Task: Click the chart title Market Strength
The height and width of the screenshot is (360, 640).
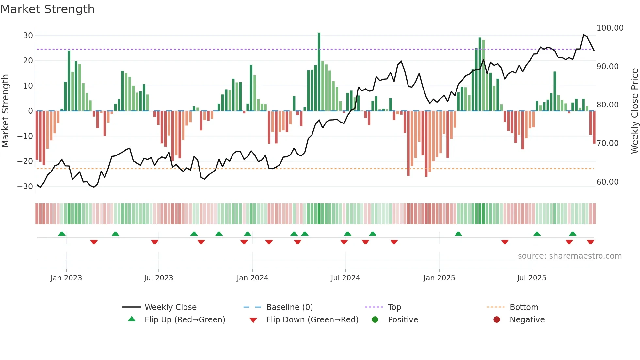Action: (x=47, y=9)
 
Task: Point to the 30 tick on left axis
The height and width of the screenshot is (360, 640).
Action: (x=28, y=36)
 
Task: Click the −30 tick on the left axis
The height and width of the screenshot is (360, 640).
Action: (x=25, y=187)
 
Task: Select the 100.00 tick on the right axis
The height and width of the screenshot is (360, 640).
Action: (x=610, y=28)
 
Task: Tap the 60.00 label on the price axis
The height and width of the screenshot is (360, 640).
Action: (x=607, y=182)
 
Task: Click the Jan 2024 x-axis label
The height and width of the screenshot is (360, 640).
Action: (x=252, y=278)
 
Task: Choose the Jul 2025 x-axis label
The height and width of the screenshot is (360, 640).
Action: (x=531, y=278)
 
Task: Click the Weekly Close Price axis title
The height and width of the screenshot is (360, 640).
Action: (x=634, y=111)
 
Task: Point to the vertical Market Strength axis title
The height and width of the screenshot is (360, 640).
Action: (x=5, y=111)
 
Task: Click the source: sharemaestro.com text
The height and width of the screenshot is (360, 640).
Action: (x=569, y=256)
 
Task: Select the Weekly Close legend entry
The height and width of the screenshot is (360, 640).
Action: (x=170, y=307)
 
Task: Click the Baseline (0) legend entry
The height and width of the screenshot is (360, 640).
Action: (x=289, y=307)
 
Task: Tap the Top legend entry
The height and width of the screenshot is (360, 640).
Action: (x=394, y=307)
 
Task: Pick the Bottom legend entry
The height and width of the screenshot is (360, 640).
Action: (x=524, y=307)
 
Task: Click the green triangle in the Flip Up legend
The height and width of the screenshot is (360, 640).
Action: (x=132, y=319)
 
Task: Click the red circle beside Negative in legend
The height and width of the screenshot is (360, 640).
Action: (x=497, y=319)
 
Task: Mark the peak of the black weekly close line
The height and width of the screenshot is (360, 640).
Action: (x=584, y=35)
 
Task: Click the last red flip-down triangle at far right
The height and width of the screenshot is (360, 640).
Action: (x=590, y=242)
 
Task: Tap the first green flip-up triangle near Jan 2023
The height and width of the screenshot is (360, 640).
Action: (x=62, y=234)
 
